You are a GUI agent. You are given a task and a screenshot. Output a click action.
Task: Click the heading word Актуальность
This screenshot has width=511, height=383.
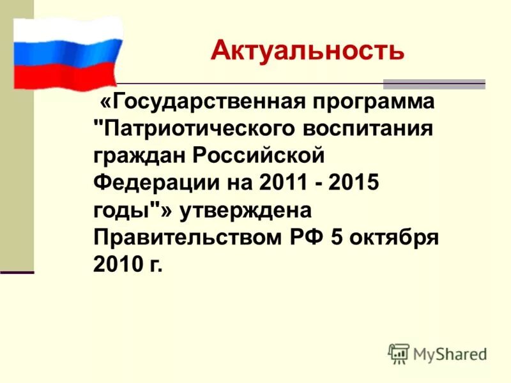(x=307, y=50)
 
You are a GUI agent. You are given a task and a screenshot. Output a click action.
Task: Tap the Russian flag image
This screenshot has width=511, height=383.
(x=68, y=54)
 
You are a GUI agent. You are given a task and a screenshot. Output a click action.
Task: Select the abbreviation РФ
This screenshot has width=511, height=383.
(x=306, y=239)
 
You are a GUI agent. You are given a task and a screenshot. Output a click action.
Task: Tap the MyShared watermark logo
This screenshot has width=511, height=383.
(x=437, y=353)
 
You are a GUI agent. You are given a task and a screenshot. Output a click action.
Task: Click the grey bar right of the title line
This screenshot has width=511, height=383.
(x=434, y=84)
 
